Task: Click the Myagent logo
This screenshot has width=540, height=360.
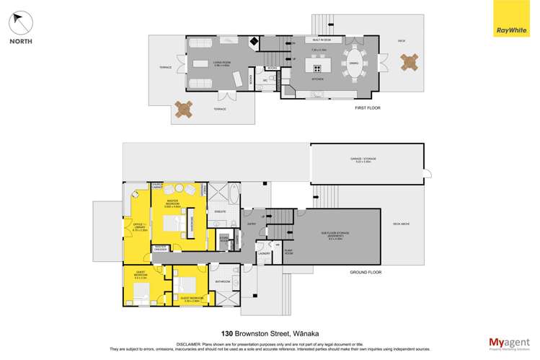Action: pos(509,342)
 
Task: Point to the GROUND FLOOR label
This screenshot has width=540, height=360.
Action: pos(366,273)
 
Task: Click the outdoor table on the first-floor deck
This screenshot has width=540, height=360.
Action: pos(410,62)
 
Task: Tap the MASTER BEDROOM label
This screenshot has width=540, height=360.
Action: pos(174,203)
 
